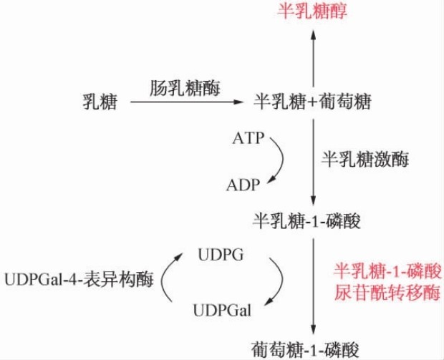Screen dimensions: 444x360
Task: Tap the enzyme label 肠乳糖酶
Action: coord(185,88)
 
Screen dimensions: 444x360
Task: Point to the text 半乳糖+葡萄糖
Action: coord(312,102)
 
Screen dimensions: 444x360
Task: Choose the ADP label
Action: coord(244,185)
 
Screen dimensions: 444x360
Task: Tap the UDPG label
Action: coord(220,254)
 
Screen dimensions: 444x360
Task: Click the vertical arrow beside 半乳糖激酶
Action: coord(313,161)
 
